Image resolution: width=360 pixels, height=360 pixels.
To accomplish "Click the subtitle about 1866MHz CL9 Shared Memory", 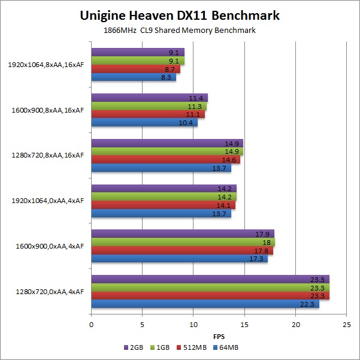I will pyautogui.click(x=180, y=31).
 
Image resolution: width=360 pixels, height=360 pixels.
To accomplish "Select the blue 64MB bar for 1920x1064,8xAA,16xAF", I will pyautogui.click(x=134, y=77).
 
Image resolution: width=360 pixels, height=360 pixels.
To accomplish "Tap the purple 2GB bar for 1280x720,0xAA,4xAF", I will pyautogui.click(x=210, y=279).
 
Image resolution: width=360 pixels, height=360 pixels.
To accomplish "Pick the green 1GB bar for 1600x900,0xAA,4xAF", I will pyautogui.click(x=183, y=242).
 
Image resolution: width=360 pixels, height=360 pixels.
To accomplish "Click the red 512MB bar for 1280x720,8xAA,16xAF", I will pyautogui.click(x=165, y=160).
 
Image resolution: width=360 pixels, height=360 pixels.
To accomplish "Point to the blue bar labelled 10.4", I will pyautogui.click(x=144, y=123).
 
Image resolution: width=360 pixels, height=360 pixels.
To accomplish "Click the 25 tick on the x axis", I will pyautogui.click(x=346, y=325).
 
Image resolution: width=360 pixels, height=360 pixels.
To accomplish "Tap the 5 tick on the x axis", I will pyautogui.click(x=142, y=325).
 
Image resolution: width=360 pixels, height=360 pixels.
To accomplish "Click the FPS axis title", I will pyautogui.click(x=219, y=336).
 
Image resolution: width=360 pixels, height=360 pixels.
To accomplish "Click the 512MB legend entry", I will pyautogui.click(x=198, y=347).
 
